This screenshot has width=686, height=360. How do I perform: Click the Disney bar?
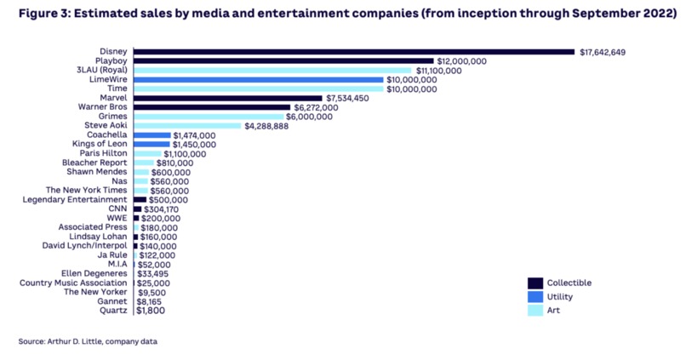353,52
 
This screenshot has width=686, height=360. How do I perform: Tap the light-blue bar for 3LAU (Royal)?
272,71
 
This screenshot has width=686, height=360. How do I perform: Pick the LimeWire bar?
258,80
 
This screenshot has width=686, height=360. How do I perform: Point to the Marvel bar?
228,98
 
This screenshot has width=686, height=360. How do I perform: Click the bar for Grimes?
209,117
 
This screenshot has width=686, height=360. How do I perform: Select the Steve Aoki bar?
186,126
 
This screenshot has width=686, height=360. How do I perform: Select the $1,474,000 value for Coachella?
195,135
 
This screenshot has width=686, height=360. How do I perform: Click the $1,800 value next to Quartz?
151,311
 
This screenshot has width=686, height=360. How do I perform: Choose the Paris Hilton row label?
105,153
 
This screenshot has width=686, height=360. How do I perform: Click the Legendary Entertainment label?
77,200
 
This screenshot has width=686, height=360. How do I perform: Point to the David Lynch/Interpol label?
85,245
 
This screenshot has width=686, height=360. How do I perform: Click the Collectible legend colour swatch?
535,283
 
